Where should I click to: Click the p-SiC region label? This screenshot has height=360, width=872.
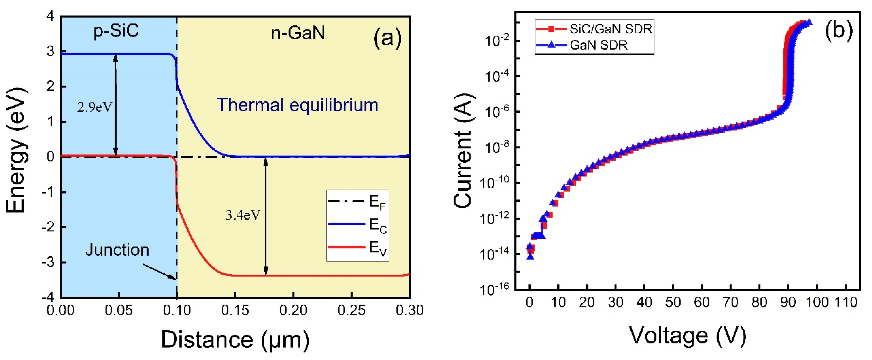pos(116,31)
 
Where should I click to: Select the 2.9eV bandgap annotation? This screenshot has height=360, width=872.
pos(95,107)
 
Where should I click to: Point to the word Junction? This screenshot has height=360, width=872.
pos(117,250)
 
